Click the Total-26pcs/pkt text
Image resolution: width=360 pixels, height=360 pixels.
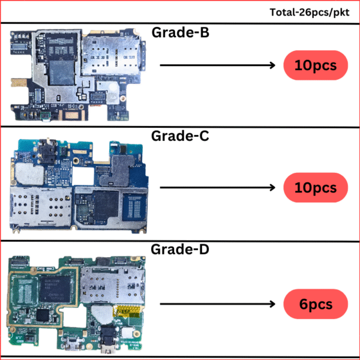coord(310,13)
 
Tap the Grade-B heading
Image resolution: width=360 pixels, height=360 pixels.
coord(180,32)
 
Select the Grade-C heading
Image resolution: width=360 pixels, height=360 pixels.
coord(180,136)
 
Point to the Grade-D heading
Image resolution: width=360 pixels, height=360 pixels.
coord(180,249)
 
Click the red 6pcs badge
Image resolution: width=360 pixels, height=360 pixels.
coord(316,304)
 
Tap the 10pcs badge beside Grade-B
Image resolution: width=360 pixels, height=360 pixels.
coord(316,65)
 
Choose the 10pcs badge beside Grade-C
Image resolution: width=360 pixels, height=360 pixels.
coord(316,188)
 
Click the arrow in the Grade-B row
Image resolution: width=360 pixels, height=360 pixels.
coord(217,65)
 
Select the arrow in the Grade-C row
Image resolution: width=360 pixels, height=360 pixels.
coord(217,188)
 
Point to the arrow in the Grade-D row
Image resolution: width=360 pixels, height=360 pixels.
coord(217,304)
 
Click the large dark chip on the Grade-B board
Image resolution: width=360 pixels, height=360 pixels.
coord(62,73)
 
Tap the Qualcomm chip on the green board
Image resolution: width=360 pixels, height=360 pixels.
coord(55,289)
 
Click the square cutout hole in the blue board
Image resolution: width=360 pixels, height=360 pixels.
coord(83,176)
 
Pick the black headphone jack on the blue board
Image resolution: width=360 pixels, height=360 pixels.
coord(47,151)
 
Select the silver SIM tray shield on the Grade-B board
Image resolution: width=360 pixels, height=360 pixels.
coord(110,56)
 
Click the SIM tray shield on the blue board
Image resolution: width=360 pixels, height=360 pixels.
coord(40,208)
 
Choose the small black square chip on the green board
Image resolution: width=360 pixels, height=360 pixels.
coord(43,315)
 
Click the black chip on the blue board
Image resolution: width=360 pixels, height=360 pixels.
coord(106,204)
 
